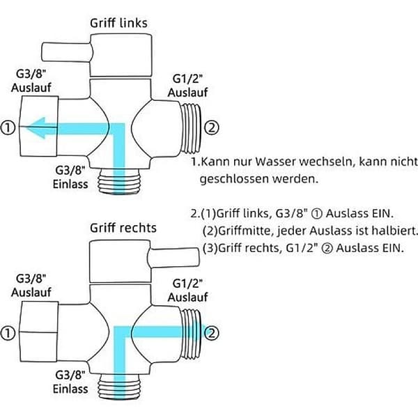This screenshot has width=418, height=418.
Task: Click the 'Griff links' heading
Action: point(118,23)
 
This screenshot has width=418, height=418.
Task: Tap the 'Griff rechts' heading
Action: point(123,228)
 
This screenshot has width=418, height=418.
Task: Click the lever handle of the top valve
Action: point(67,52)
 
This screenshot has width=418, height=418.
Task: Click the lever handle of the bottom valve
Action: point(173,257)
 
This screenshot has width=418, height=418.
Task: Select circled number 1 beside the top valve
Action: point(8,127)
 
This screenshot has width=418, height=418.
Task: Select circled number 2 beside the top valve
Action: point(211,127)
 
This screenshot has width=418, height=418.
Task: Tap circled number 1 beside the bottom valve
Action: point(8,333)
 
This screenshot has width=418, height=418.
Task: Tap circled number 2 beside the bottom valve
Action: point(212,333)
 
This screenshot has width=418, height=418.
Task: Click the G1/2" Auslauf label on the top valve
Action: point(187,86)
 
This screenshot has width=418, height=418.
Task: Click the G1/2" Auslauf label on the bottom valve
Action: point(187,291)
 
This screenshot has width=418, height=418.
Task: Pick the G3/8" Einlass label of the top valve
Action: point(70,177)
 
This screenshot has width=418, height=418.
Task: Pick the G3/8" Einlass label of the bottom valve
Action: point(70,382)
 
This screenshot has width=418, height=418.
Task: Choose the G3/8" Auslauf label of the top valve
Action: point(31,81)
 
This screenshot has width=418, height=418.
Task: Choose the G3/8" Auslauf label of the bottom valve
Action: point(31,285)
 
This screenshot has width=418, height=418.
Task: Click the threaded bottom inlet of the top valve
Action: point(119,181)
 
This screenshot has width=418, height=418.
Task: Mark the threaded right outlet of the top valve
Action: point(191,128)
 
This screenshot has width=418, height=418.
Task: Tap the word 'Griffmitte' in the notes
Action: point(247,231)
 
